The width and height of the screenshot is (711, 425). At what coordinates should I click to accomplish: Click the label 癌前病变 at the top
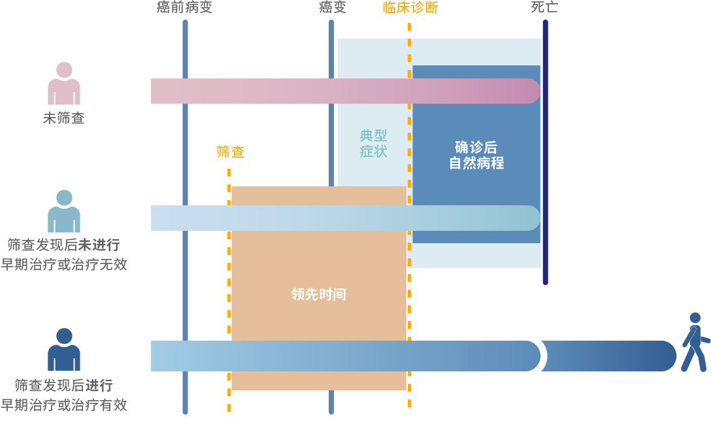tap(184, 8)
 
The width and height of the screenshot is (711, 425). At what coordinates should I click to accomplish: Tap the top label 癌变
tap(332, 8)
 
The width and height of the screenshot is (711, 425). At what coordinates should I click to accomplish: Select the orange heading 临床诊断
tap(410, 8)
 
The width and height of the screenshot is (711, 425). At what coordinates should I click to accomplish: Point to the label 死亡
tap(544, 8)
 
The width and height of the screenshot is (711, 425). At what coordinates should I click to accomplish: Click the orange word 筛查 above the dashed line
tap(230, 152)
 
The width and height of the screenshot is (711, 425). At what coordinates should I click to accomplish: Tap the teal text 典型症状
tap(373, 144)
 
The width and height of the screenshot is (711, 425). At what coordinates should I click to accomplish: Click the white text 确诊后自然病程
tap(476, 155)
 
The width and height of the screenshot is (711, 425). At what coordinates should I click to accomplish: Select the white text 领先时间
tap(318, 294)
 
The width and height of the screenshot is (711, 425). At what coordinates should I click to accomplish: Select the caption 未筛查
tap(63, 119)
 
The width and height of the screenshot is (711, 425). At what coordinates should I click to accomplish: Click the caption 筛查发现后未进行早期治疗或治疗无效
tap(63, 255)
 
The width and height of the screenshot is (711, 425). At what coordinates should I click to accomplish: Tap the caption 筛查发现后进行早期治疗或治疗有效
tap(63, 395)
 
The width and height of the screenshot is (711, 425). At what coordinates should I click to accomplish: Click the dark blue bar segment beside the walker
tap(608, 356)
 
